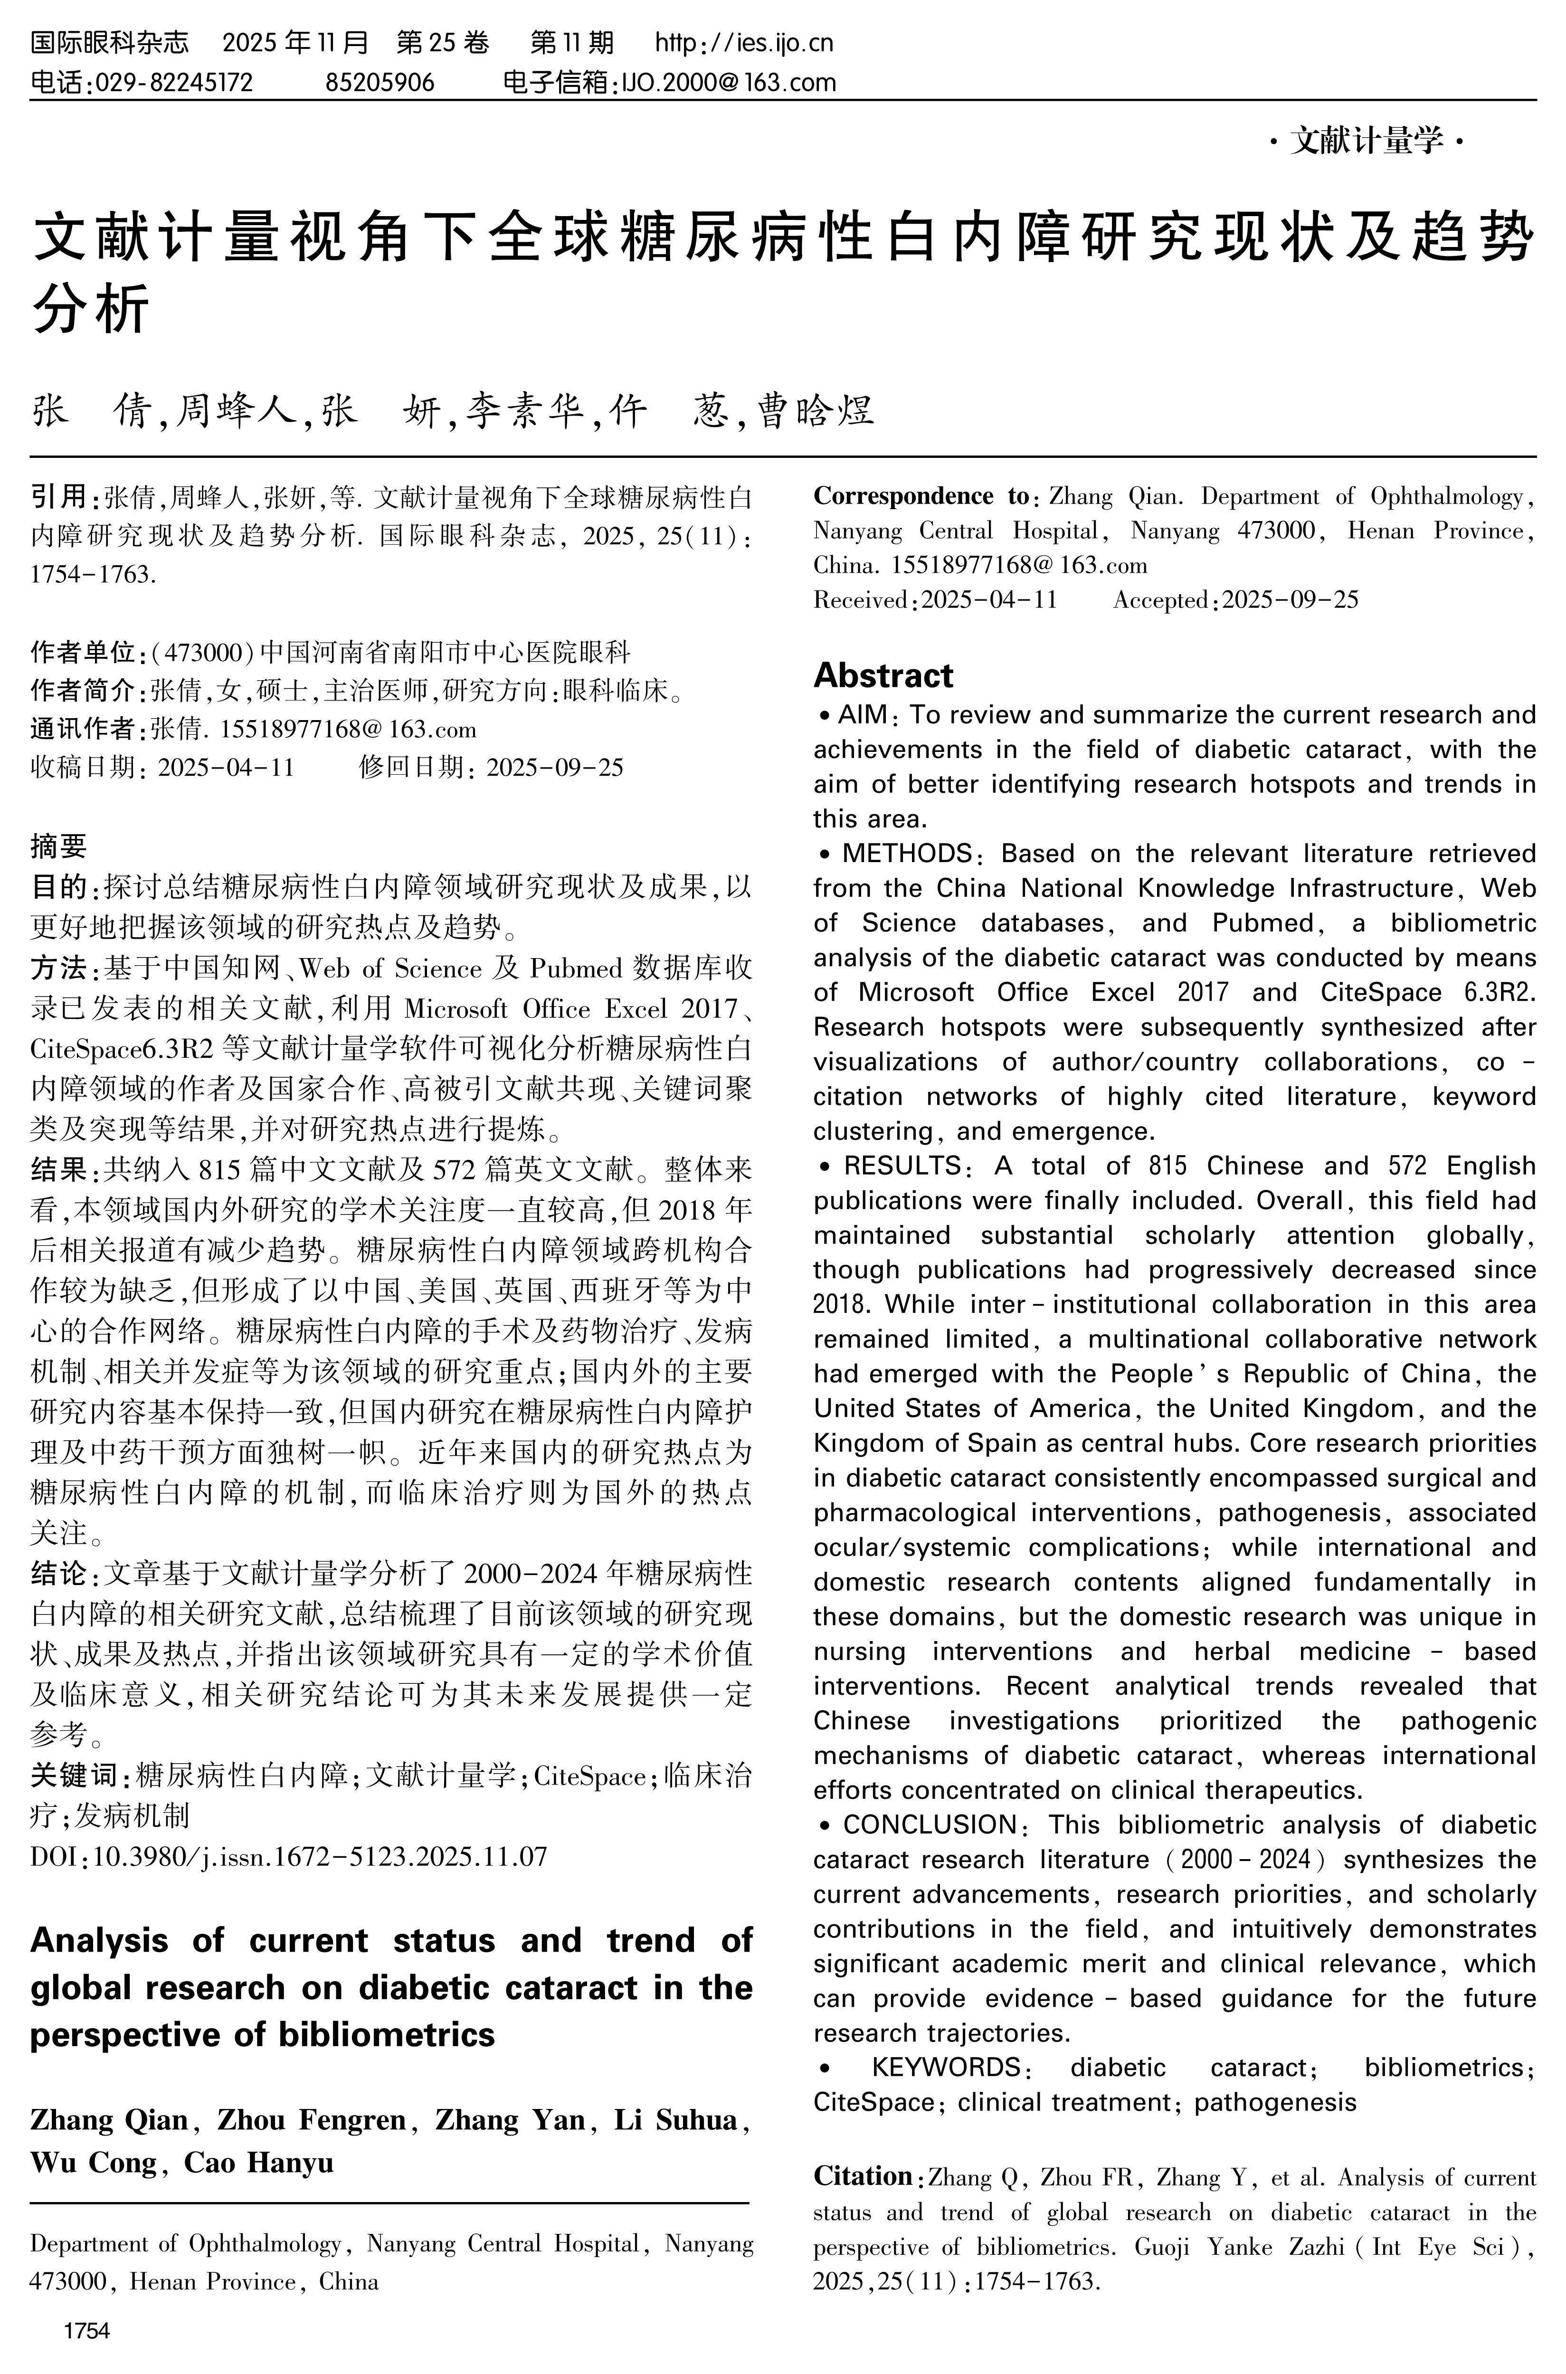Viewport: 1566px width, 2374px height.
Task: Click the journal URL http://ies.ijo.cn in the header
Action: pyautogui.click(x=744, y=43)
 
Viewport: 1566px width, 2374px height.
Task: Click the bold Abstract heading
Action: pyautogui.click(x=883, y=676)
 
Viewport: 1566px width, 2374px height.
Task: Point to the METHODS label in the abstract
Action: pyautogui.click(x=907, y=854)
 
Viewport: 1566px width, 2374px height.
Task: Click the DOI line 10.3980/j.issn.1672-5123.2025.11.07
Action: pyautogui.click(x=290, y=1857)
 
